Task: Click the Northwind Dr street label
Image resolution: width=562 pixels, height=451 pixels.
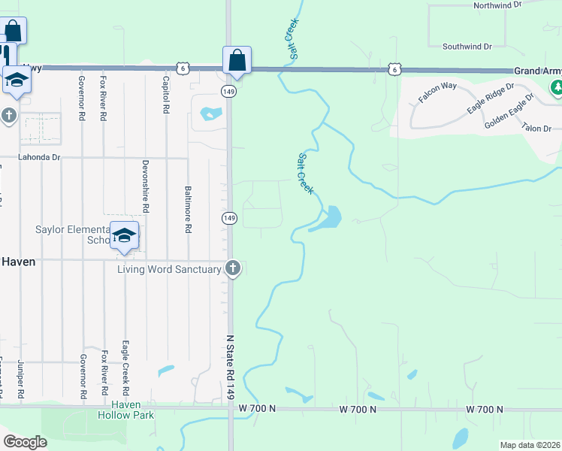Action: [497, 5]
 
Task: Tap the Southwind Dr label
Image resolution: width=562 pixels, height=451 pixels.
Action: [467, 46]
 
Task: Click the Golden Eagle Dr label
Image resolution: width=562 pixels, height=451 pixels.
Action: [509, 115]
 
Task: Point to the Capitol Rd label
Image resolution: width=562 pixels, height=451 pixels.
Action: [165, 94]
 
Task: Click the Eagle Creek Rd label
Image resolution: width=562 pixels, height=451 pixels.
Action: [125, 359]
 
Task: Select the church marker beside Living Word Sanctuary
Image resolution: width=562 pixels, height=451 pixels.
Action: [233, 268]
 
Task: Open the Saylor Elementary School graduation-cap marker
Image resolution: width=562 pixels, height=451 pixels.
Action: [125, 235]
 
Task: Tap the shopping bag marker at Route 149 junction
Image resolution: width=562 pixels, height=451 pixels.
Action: [237, 60]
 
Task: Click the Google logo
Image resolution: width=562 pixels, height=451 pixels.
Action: [26, 441]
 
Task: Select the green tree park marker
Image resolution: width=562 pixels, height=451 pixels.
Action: [557, 89]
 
